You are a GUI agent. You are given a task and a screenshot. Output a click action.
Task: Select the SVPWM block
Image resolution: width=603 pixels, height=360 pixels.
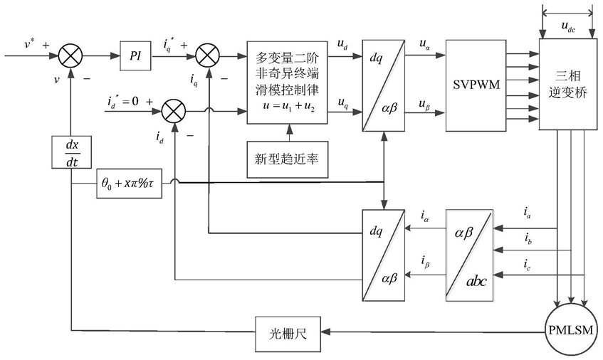[x=475, y=85]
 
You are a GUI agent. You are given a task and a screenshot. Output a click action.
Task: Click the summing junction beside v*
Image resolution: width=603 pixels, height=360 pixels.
[x=72, y=54]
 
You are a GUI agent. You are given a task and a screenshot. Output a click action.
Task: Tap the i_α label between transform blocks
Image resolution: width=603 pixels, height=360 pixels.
[x=424, y=215]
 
